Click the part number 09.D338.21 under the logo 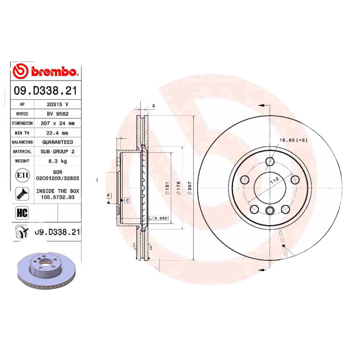(x=45, y=91)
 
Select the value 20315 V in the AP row (x=58, y=104)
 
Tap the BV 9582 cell (x=58, y=113)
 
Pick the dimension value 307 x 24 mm (x=58, y=123)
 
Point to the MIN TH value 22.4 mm (x=58, y=133)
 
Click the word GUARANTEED (x=58, y=142)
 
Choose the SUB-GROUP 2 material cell (x=58, y=152)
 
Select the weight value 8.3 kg (x=58, y=161)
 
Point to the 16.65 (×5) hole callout (x=293, y=140)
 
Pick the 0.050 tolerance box (x=160, y=218)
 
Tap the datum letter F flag (x=108, y=195)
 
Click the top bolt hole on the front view (x=270, y=162)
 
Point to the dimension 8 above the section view (x=153, y=106)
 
